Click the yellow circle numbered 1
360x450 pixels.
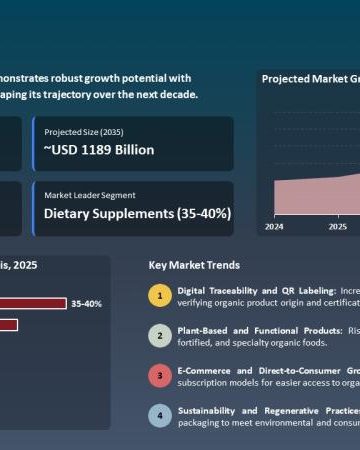tap(160, 295)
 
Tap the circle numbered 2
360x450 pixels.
tap(160, 335)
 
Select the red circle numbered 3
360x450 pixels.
tap(160, 375)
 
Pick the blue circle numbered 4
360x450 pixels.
tap(160, 415)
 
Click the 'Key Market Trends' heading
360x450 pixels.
tap(193, 265)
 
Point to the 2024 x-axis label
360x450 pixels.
tap(274, 226)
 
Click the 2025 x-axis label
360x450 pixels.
tap(337, 226)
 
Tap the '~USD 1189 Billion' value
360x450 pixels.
tap(99, 150)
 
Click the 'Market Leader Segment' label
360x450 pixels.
tap(90, 194)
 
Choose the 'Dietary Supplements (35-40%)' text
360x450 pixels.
tap(138, 213)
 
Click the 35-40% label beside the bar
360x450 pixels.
tap(87, 303)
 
